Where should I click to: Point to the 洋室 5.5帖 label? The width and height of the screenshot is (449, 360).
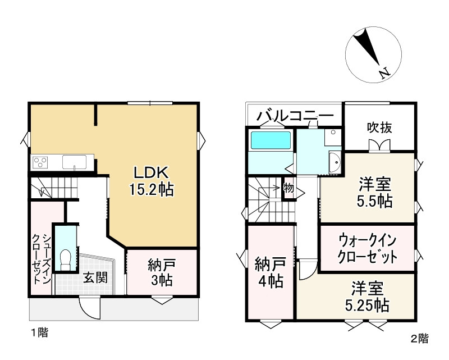(x=375, y=193)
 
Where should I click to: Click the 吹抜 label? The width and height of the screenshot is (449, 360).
(x=379, y=127)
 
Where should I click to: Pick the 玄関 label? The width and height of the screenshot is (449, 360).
(x=95, y=277)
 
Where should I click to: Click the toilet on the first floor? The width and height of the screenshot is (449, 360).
(x=65, y=259)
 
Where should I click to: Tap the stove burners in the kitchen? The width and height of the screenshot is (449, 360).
(x=40, y=163)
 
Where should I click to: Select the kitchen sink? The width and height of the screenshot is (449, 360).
(x=74, y=162)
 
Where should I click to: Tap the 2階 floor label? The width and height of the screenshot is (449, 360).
(x=419, y=339)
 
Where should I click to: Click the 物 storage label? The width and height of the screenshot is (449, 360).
(x=288, y=188)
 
